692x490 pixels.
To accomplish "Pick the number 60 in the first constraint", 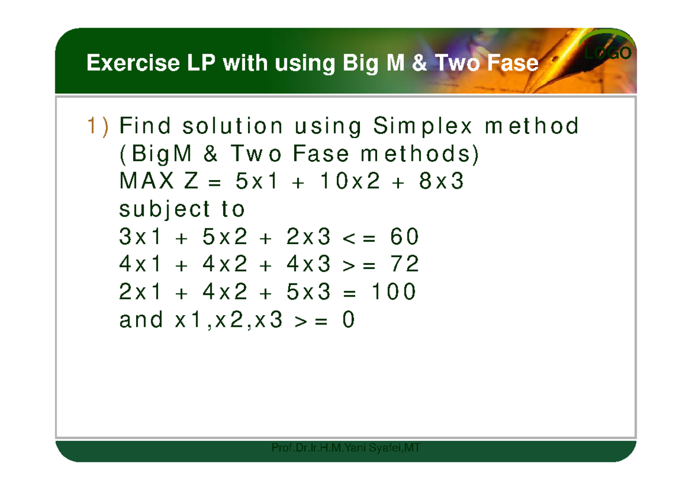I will tap(404, 237).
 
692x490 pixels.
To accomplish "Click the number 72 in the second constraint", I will tap(404, 264).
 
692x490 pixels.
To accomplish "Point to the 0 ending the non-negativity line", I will tap(348, 320).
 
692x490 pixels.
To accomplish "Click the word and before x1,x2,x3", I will tap(141, 320).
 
